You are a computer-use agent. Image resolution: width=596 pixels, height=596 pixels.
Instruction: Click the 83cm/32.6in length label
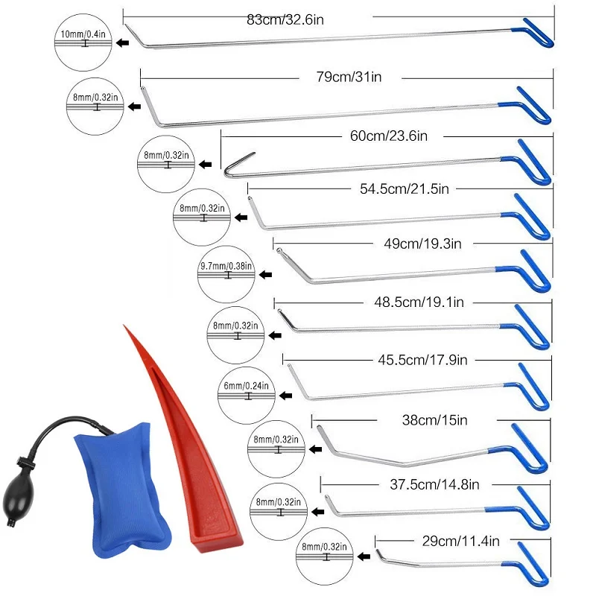(286, 19)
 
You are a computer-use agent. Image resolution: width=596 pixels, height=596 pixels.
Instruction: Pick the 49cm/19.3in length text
(426, 244)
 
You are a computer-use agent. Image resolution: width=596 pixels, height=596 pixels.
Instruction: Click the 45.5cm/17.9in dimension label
(422, 361)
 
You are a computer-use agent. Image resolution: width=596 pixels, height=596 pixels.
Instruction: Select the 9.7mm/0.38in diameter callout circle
(226, 274)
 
